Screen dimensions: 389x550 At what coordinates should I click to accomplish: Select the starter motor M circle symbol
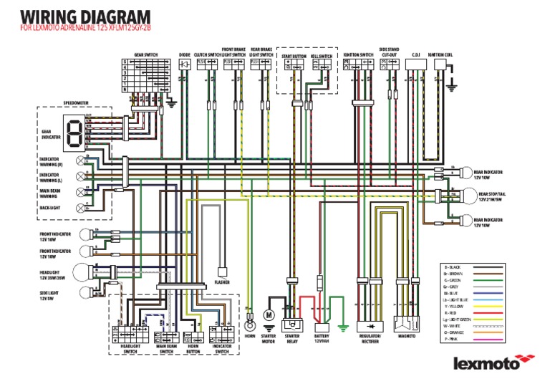coord(269,314)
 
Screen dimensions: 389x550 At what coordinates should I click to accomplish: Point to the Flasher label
coord(222,282)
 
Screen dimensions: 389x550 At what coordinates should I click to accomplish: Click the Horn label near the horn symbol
coord(250,335)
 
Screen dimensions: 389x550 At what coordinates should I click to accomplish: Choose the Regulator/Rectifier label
coord(370,339)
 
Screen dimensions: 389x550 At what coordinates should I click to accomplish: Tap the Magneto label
coord(407,335)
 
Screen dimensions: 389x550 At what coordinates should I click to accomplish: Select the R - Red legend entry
coord(453,313)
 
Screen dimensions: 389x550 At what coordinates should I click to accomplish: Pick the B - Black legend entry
coord(453,266)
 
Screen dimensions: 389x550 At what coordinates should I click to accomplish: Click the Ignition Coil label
coord(440,54)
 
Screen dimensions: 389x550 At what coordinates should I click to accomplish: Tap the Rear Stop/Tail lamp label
coord(495,196)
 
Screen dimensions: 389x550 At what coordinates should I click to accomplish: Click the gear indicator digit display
coord(72,131)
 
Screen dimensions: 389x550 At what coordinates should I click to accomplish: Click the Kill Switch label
coord(322,55)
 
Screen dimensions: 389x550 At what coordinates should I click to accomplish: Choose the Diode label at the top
coord(185,54)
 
